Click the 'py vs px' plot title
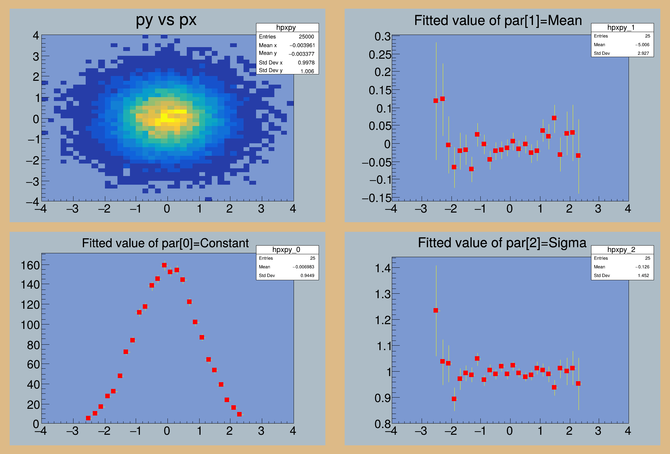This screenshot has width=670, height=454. coord(166,20)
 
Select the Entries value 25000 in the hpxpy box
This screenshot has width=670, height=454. coord(306,37)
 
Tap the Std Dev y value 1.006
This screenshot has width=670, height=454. coord(307,71)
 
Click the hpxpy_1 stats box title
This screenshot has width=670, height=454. coord(622,28)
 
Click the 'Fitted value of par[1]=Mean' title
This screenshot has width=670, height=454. coord(498,21)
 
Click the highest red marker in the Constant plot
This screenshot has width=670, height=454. coord(164,265)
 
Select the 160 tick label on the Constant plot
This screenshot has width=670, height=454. coord(30,265)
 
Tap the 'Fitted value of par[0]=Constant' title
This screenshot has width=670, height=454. coord(165,243)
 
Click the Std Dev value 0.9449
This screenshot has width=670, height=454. coord(307,275)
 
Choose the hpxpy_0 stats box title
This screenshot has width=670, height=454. coord(287,250)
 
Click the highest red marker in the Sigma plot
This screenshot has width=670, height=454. coord(436,310)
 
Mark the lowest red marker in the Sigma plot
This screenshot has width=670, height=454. coord(454,399)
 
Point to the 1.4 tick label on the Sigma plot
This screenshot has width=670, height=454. coord(383,268)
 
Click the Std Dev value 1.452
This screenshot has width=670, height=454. coord(643,275)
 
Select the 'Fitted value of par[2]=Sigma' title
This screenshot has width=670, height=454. coord(502,243)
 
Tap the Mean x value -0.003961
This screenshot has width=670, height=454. coord(302,46)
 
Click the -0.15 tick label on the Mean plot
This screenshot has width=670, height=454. coord(377,198)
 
